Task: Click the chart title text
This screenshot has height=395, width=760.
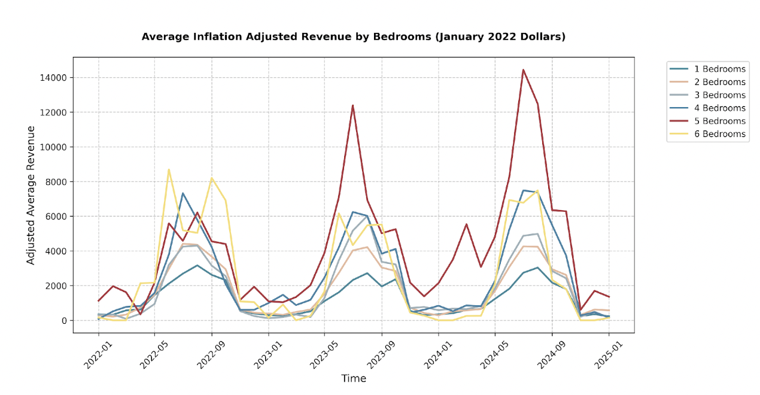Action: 353,37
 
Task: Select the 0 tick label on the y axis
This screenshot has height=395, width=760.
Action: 63,321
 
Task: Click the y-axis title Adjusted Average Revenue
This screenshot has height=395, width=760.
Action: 31,195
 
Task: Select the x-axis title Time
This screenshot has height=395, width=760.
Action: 354,379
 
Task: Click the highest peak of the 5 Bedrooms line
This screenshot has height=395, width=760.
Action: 524,70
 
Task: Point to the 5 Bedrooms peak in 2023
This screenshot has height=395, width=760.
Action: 353,105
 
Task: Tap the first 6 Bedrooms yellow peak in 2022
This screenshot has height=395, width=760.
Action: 169,169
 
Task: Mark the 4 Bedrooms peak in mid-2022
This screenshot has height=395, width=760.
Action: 183,193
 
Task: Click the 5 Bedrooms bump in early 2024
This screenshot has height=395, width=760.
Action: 466,224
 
